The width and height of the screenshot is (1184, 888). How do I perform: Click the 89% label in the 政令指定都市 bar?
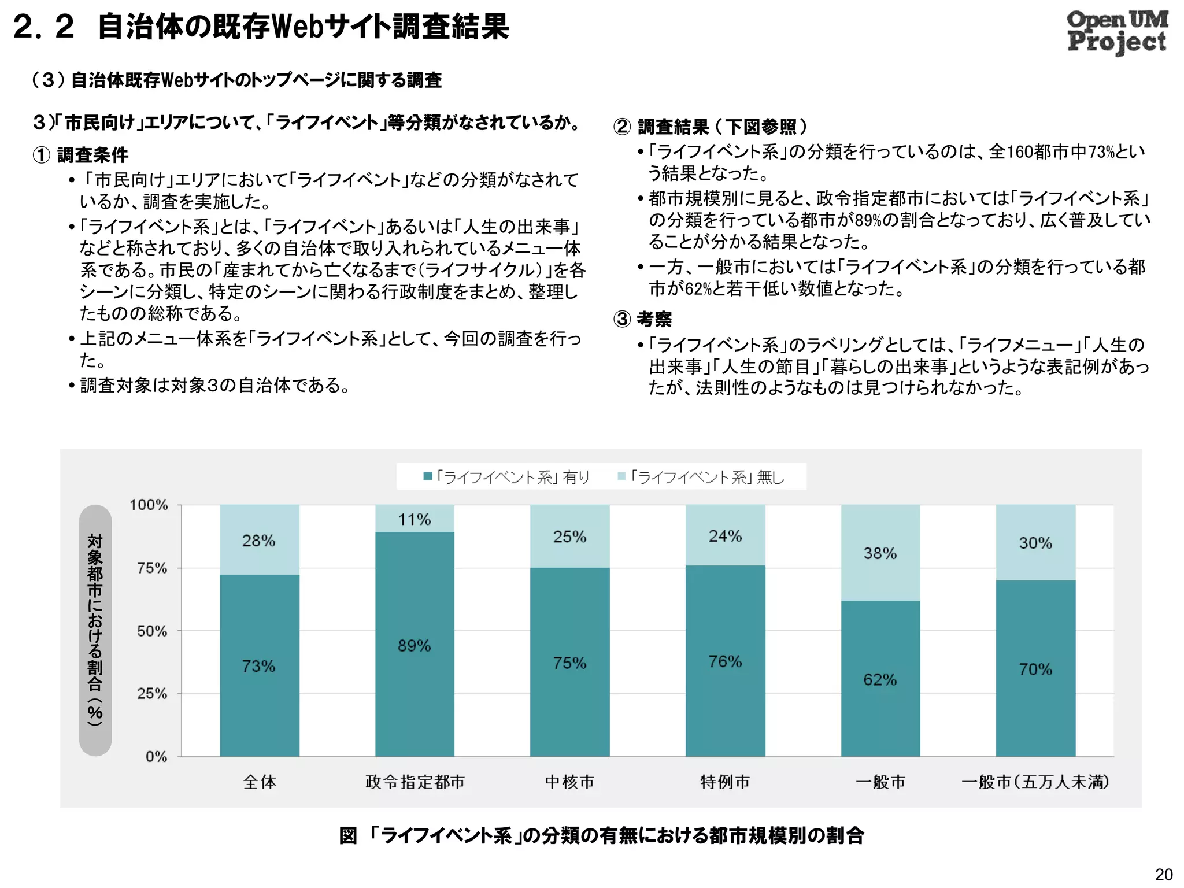[x=414, y=645]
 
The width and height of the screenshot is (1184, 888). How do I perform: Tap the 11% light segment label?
[x=414, y=519]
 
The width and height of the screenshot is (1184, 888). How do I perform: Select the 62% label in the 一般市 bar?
[x=880, y=679]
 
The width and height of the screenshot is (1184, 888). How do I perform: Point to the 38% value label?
[x=880, y=553]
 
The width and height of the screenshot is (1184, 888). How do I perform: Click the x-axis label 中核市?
[x=569, y=782]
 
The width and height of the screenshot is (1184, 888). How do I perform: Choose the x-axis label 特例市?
[x=725, y=782]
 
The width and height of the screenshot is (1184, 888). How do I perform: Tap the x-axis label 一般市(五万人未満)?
[x=1035, y=782]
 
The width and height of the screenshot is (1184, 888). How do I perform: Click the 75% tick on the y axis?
[x=152, y=568]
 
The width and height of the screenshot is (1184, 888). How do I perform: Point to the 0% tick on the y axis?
[x=156, y=756]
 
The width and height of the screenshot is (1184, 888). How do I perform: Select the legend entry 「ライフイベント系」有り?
[x=506, y=477]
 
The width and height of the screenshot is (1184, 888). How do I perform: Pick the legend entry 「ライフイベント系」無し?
[x=701, y=477]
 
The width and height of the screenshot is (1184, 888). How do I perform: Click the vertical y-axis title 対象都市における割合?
[x=95, y=630]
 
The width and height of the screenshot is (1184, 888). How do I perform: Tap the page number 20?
[x=1164, y=875]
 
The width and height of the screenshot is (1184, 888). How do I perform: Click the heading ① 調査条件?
[x=81, y=155]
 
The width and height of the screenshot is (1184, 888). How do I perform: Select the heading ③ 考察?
[x=642, y=319]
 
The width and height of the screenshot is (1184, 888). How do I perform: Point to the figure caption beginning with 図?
[x=601, y=835]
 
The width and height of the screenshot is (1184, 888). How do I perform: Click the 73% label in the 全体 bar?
[x=258, y=666]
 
